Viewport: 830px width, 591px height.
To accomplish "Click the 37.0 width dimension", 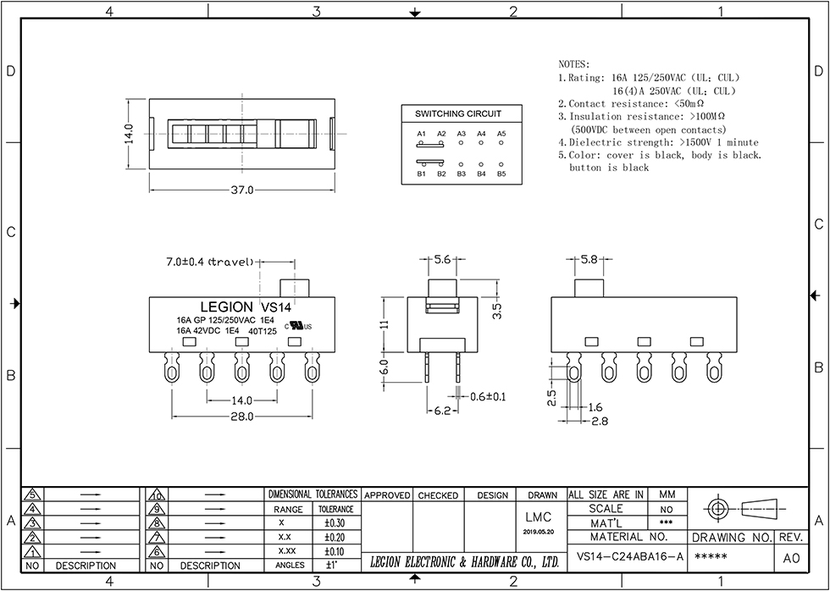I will [241, 191].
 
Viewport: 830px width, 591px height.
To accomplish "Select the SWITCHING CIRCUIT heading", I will [457, 113].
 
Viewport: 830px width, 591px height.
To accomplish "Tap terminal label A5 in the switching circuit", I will [501, 134].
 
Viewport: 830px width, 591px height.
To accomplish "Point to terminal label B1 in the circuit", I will [421, 174].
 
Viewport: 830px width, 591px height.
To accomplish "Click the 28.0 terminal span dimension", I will [241, 417].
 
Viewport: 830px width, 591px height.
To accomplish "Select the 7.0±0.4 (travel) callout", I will [210, 262].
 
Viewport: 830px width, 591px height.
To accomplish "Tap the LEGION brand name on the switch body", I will [226, 307].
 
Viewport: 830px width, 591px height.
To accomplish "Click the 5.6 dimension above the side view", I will [441, 261].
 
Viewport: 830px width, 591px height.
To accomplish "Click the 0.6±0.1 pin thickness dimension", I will [489, 396].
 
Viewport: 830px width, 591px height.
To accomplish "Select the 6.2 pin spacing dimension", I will [441, 411].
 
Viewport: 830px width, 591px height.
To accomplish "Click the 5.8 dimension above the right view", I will [589, 259].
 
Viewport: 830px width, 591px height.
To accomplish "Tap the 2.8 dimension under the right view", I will [600, 420].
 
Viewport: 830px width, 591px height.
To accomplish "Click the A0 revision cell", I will [791, 558].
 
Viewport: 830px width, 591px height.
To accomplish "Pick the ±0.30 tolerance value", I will [335, 523].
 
